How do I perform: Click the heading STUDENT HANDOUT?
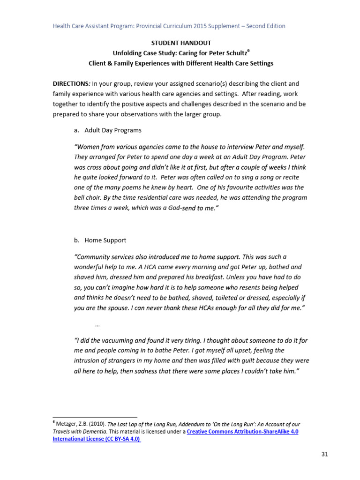point(180,43)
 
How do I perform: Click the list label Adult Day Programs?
point(112,130)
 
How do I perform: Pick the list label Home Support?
point(105,240)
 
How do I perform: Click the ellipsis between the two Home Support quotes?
point(97,324)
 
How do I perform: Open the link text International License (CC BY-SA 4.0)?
point(97,439)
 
